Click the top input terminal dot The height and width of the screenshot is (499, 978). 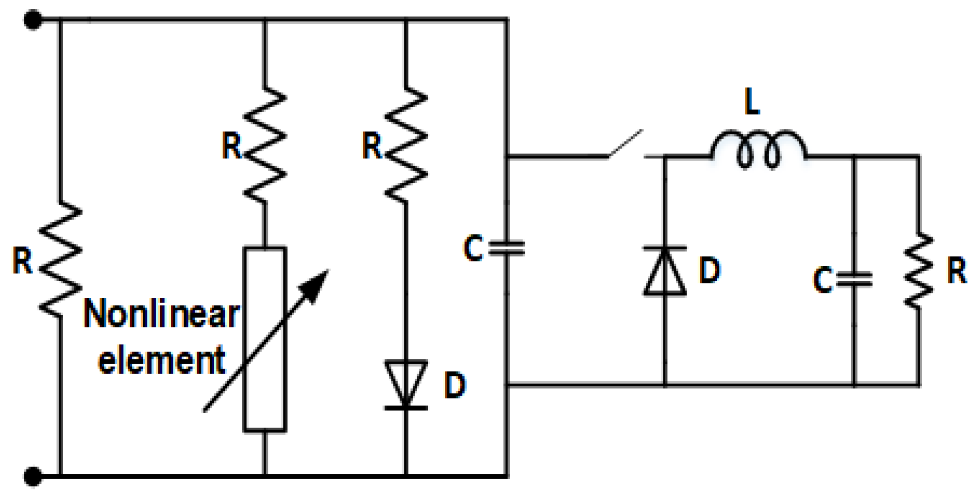click(33, 20)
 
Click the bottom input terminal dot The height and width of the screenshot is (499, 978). click(33, 476)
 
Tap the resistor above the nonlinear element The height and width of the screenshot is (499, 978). click(265, 145)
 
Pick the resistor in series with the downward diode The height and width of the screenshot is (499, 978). click(406, 145)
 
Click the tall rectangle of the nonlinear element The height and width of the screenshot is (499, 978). click(265, 339)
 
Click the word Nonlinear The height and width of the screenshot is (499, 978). click(161, 314)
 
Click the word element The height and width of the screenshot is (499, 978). click(161, 360)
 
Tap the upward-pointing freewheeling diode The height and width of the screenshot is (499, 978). click(665, 272)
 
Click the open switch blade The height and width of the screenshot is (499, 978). click(625, 144)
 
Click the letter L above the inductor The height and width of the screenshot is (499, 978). click(752, 102)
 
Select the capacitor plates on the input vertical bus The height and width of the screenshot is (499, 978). click(506, 248)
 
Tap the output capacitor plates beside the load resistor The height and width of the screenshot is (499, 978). click(855, 279)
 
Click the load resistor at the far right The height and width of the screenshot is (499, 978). click(918, 271)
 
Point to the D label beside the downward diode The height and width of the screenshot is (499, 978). click(455, 386)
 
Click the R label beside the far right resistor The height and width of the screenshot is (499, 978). click(957, 271)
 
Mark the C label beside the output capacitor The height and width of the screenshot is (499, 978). click(823, 280)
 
